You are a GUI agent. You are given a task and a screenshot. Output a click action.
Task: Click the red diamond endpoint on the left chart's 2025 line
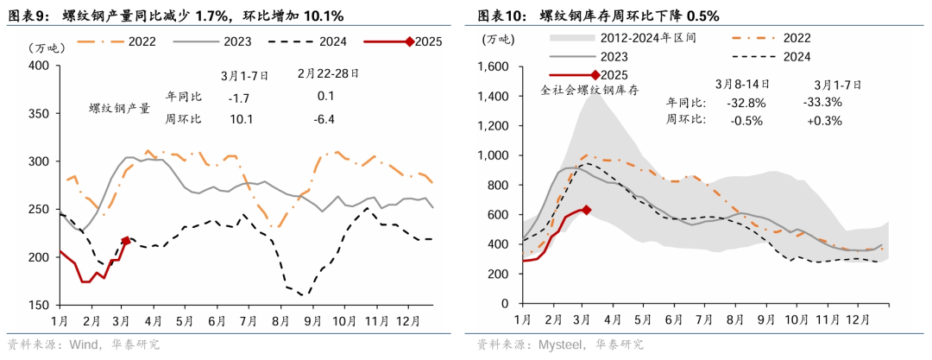[126, 241]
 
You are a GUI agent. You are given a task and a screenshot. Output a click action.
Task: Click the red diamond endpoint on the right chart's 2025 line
[587, 210]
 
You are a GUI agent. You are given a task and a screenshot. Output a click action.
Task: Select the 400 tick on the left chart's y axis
[39, 66]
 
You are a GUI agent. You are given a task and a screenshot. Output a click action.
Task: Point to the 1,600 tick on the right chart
[498, 66]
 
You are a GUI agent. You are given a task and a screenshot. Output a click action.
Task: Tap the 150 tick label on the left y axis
[39, 306]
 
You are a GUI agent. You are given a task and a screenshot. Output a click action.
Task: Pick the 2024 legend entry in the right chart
[802, 57]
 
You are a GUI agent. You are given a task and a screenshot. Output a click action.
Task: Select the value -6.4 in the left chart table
[326, 118]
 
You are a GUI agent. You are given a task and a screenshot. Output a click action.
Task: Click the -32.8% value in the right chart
[746, 103]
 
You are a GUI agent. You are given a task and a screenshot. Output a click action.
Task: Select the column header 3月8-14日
[743, 85]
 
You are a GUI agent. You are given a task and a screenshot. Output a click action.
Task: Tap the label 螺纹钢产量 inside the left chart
[120, 109]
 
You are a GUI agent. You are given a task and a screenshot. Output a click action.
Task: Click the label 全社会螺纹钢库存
[589, 90]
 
